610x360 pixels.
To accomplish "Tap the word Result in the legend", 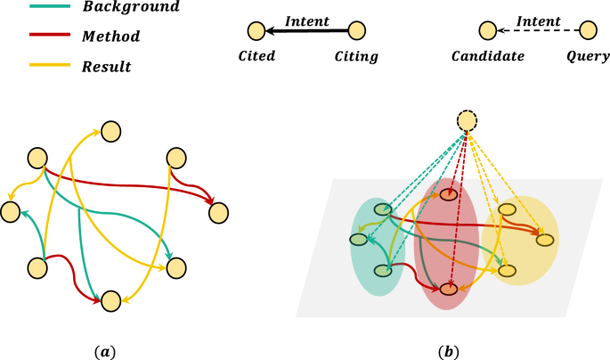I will [x=106, y=67].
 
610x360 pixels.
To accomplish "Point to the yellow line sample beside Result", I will [x=32, y=67].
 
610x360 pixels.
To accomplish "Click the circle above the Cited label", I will [x=256, y=32].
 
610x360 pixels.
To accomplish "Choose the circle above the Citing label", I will [x=356, y=32].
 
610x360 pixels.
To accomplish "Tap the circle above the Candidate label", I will [x=487, y=31].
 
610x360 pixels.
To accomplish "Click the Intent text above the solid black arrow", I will [x=306, y=20].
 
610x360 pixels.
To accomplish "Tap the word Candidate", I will [x=487, y=56].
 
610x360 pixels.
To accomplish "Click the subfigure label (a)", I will [x=104, y=351].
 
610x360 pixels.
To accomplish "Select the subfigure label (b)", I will [x=449, y=351].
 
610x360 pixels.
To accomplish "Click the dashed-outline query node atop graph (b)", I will [x=468, y=121].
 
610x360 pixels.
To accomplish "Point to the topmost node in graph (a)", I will [x=110, y=132].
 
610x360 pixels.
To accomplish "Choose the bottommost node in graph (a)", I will [x=110, y=301].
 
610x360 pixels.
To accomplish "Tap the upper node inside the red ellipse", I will [x=449, y=193].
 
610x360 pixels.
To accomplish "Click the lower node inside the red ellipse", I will [x=449, y=288].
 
